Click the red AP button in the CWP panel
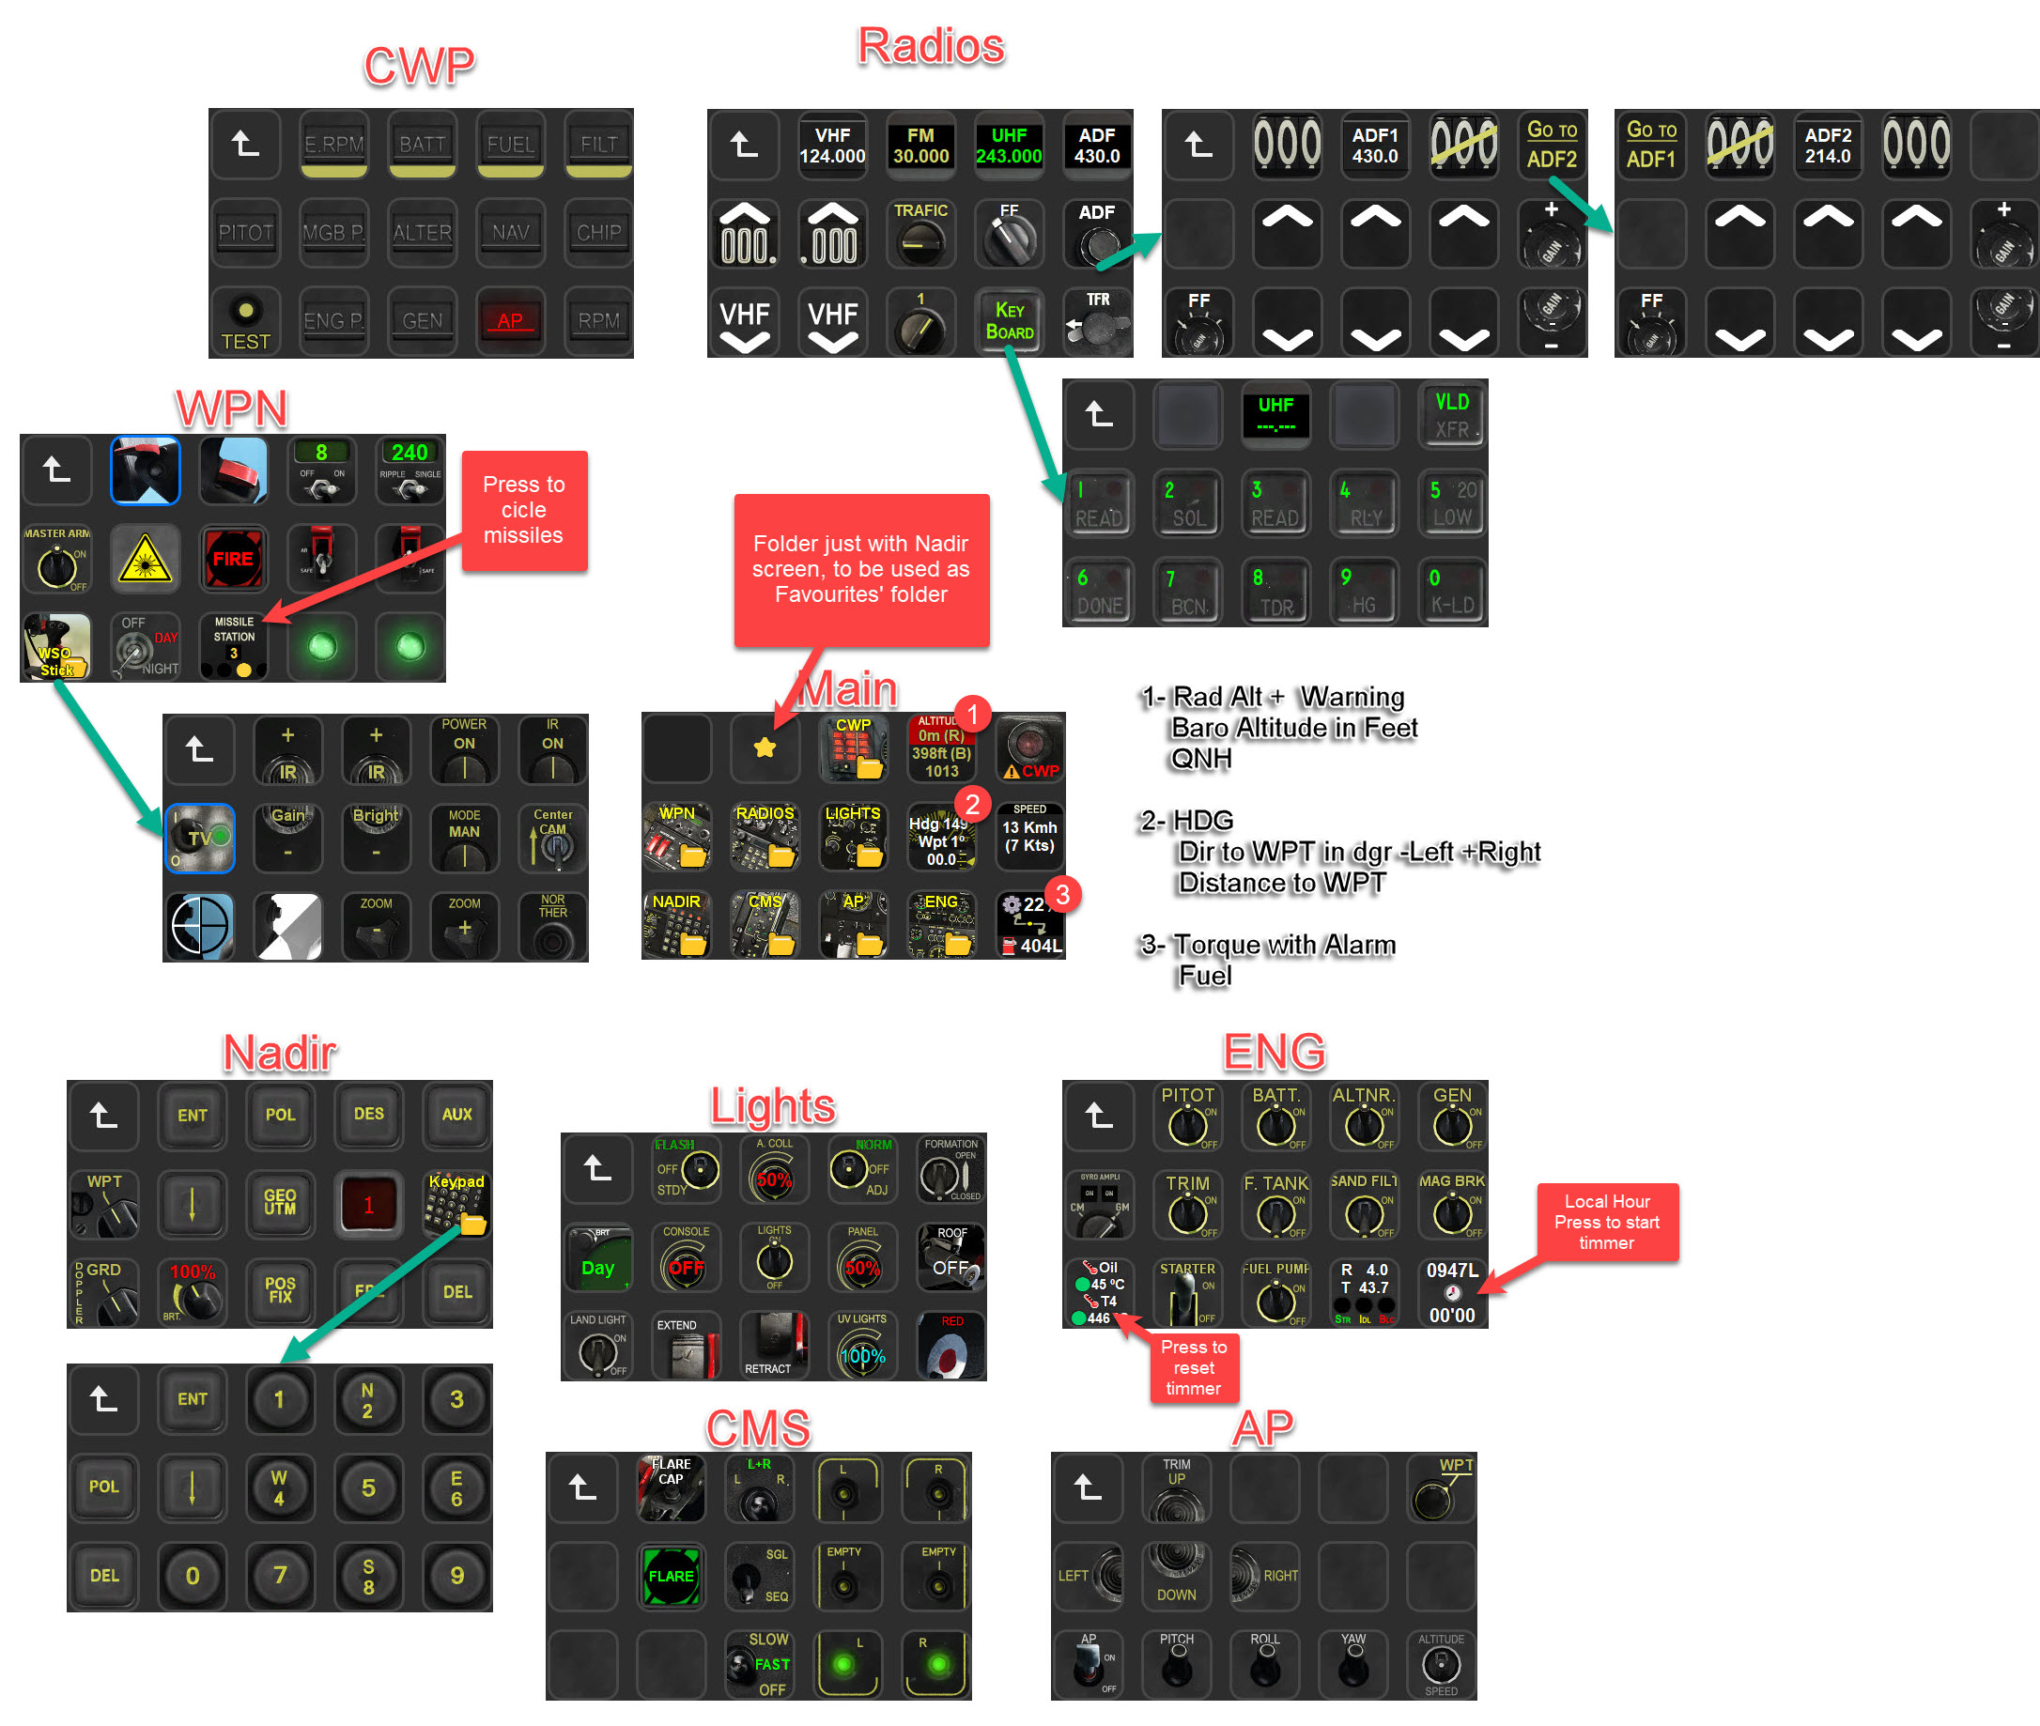tap(510, 321)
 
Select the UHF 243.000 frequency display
tap(1008, 146)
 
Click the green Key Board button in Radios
tap(1009, 321)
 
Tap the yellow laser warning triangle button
tap(146, 559)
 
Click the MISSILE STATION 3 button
tap(234, 647)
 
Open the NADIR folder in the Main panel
tap(677, 925)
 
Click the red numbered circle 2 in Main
tap(971, 804)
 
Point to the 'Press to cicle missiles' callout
tap(523, 510)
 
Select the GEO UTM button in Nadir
tap(280, 1203)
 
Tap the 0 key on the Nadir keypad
tap(192, 1576)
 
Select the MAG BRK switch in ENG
tap(1452, 1206)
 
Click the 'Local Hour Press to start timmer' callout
tap(1607, 1222)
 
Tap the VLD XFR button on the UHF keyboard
tap(1452, 416)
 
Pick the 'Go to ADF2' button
tap(1552, 145)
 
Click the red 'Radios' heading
tap(931, 46)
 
